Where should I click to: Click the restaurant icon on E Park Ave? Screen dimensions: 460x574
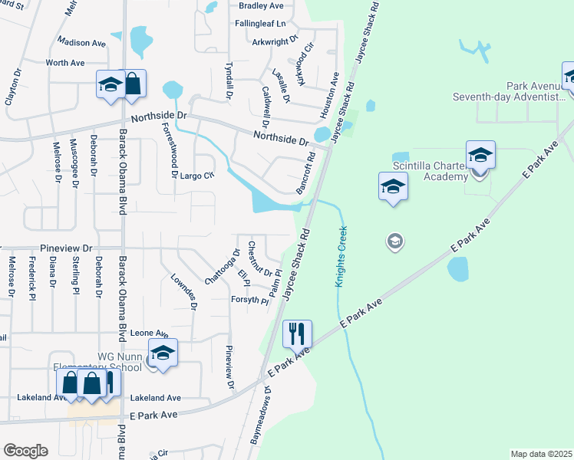(295, 333)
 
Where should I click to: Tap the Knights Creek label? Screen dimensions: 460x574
(341, 256)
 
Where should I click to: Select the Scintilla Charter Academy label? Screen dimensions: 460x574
(430, 172)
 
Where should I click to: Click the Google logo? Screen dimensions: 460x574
(25, 450)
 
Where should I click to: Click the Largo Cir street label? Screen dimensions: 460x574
(197, 176)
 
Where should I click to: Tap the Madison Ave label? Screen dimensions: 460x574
(81, 43)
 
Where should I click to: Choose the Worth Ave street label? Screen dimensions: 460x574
(64, 62)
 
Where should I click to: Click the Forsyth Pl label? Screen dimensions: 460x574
(249, 301)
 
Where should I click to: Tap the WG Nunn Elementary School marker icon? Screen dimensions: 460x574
(163, 353)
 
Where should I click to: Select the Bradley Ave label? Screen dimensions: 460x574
(262, 5)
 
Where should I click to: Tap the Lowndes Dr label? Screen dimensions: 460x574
(185, 291)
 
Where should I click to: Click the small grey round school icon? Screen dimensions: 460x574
(394, 242)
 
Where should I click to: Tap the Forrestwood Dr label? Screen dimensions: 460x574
(169, 152)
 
